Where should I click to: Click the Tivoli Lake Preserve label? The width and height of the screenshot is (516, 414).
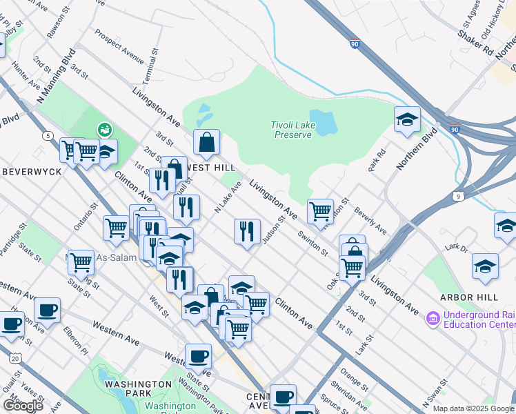coord(290,129)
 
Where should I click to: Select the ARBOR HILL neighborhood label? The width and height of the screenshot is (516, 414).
coord(468,297)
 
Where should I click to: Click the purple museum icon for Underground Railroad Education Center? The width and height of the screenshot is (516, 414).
coord(433,319)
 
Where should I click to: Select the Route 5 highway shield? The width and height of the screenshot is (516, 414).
coord(47,135)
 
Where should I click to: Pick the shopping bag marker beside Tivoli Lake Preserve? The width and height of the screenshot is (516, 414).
coord(206,143)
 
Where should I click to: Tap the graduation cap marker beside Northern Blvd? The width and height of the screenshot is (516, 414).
coord(407,119)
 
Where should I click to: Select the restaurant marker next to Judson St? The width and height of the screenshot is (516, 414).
coord(247,231)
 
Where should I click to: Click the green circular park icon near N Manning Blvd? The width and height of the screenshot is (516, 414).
coord(104,129)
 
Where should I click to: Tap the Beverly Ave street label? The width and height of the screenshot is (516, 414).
coord(370,219)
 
